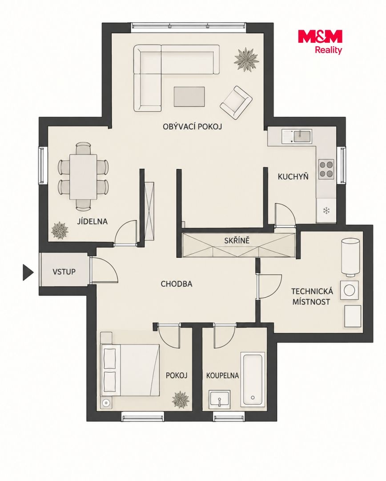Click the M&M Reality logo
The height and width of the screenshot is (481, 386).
click(320, 42)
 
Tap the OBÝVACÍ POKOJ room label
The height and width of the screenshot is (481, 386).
click(193, 126)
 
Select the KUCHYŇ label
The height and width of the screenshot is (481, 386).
click(293, 176)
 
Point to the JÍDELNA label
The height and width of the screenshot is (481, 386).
click(92, 221)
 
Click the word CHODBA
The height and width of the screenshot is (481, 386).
click(177, 284)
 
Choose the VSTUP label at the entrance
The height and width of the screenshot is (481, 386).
click(64, 272)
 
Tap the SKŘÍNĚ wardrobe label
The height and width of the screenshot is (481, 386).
click(237, 240)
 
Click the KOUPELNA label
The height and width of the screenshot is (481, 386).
click(222, 375)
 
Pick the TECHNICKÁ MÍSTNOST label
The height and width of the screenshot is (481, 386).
click(312, 296)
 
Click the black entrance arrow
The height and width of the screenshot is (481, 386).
click(28, 272)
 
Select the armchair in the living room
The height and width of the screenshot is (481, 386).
click(236, 102)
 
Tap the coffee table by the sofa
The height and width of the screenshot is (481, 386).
click(189, 97)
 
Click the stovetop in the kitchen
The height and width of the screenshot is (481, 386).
click(326, 169)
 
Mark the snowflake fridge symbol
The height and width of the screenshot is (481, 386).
click(326, 210)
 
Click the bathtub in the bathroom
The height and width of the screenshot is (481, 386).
click(253, 380)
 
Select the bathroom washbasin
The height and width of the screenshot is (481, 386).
click(219, 399)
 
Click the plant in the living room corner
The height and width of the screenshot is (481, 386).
click(246, 59)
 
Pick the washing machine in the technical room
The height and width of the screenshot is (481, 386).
click(349, 290)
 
